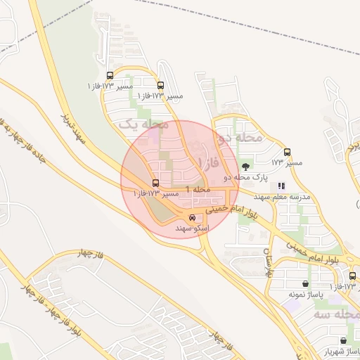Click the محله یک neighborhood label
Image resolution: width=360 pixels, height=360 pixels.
click(x=144, y=124)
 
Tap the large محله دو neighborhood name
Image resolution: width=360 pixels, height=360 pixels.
click(x=240, y=138)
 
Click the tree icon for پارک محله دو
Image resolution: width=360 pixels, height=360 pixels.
click(x=245, y=167)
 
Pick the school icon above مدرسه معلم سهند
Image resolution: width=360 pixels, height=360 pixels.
click(x=281, y=186)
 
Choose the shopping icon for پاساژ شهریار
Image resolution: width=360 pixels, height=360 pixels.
click(x=342, y=340)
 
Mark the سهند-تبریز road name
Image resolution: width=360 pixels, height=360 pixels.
click(x=73, y=129)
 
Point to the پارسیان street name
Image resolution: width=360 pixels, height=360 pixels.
click(x=268, y=261)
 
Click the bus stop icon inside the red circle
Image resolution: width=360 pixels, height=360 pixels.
click(x=155, y=183)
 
